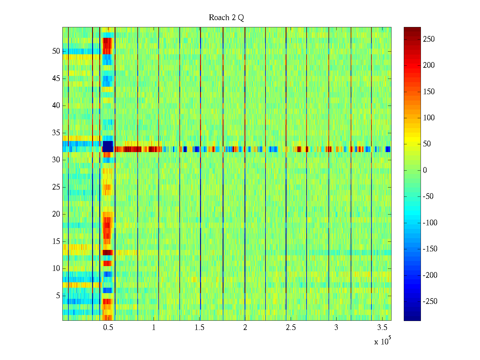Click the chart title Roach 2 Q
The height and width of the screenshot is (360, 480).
point(226,18)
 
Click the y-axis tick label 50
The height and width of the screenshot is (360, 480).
point(56,51)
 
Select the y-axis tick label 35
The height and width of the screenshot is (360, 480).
point(56,133)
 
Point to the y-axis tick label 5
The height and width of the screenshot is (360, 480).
point(58,296)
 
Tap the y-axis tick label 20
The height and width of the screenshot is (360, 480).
point(56,214)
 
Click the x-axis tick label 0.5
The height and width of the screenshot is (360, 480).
point(108,328)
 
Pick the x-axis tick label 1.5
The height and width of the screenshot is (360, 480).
point(199,328)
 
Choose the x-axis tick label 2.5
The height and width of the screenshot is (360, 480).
point(291,328)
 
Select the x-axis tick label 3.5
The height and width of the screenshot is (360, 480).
point(382,328)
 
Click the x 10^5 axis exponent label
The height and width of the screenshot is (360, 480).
point(382,341)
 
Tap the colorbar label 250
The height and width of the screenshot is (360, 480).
point(429,39)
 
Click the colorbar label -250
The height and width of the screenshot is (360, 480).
point(430,301)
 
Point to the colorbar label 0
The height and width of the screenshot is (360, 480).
point(425,170)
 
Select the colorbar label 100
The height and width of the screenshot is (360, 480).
point(429,118)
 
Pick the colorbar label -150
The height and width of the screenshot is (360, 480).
point(430,249)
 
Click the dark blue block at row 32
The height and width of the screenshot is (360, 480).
point(108,146)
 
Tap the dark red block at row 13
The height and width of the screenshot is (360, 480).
point(107,253)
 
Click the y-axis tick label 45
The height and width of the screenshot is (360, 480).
point(56,79)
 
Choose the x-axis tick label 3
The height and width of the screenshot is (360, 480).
point(336,328)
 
